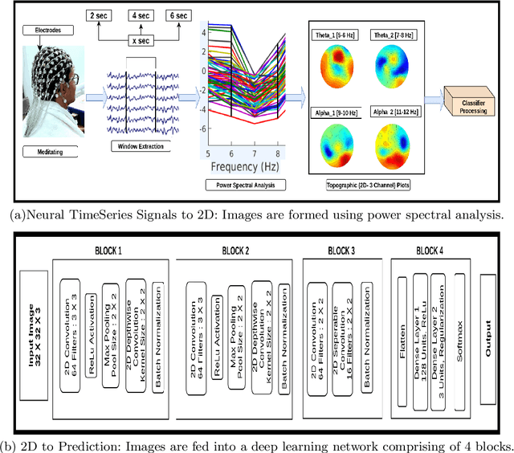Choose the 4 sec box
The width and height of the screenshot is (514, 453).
[141, 15]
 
